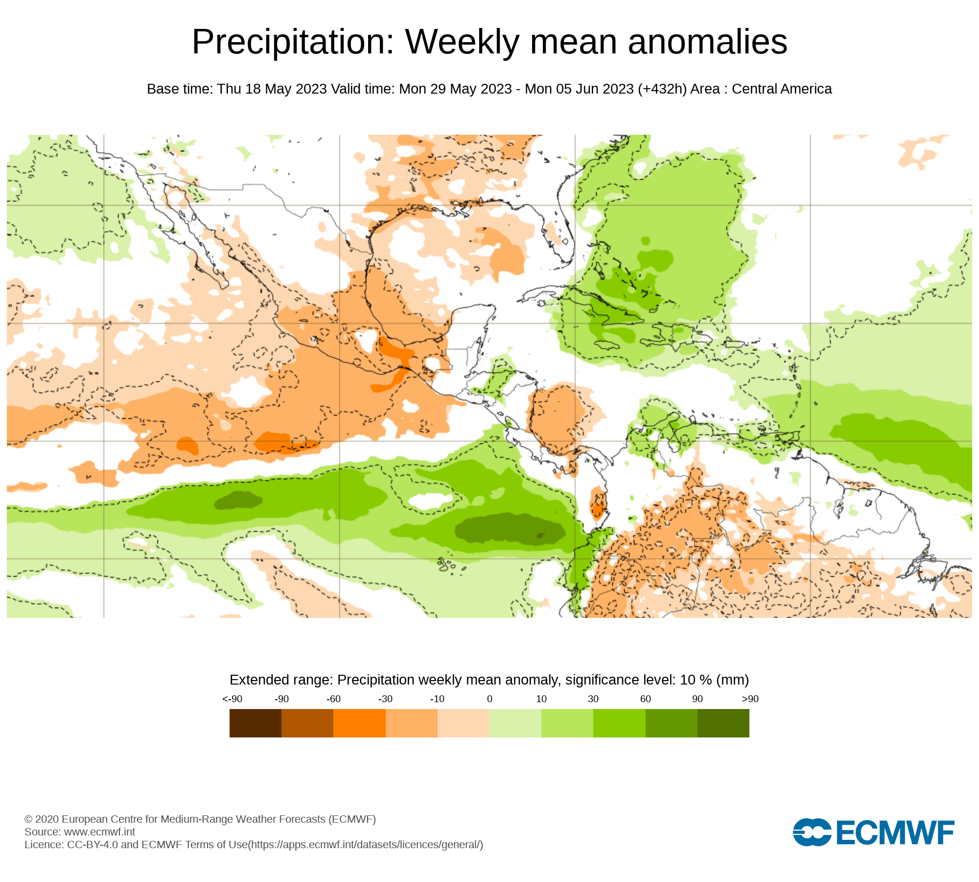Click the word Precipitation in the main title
tap(293, 42)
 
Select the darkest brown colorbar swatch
tap(255, 723)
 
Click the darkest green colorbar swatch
tap(723, 723)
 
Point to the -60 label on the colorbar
tap(333, 699)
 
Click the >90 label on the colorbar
tap(750, 699)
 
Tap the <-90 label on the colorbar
tap(232, 699)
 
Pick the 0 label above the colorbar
tap(489, 699)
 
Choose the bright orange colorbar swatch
tap(359, 723)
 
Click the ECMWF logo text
tap(895, 833)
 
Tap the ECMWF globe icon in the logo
tap(812, 832)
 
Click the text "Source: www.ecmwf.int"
tap(80, 832)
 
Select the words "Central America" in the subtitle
tap(782, 89)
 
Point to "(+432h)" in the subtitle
tap(662, 89)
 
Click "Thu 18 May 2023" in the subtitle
tap(272, 89)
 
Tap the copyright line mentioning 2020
tap(200, 819)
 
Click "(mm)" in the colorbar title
tap(732, 680)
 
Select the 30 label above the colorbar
tap(593, 699)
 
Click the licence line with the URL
tap(254, 844)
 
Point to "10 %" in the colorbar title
tap(696, 680)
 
